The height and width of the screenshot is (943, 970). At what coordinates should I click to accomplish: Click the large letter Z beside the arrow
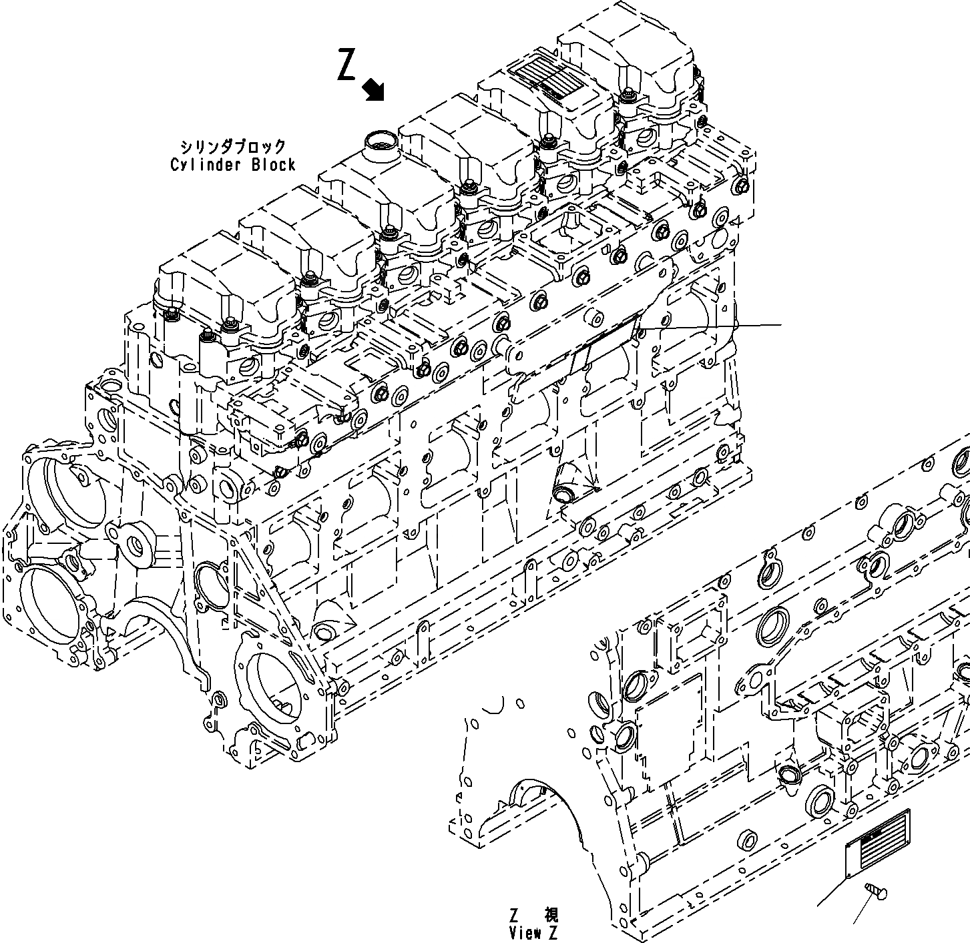point(346,65)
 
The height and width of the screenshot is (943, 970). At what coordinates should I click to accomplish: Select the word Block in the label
point(273,164)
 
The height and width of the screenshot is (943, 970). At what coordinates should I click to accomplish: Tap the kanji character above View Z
point(551,914)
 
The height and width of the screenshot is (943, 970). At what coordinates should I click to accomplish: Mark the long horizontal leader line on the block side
point(711,326)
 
